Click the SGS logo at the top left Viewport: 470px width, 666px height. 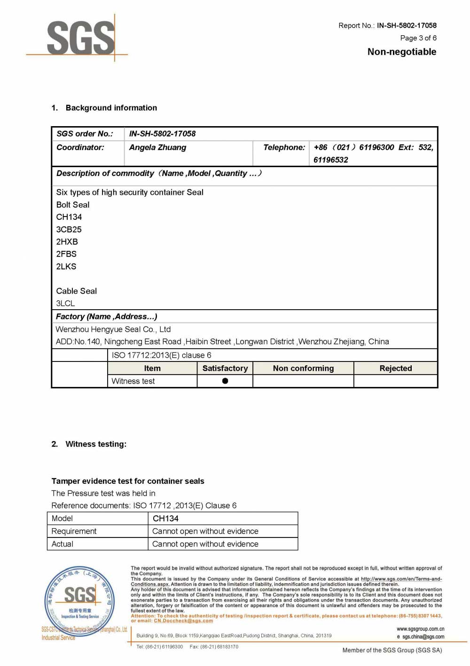[80, 38]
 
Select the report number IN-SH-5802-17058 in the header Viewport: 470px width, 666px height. [407, 25]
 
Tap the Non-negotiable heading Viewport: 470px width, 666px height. [402, 52]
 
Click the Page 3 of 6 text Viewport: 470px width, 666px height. [418, 38]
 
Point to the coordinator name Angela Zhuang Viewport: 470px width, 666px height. [157, 148]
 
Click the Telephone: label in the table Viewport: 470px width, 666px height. [284, 148]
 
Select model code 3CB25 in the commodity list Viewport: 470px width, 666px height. [69, 230]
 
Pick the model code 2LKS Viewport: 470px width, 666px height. [66, 266]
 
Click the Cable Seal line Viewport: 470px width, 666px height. [76, 291]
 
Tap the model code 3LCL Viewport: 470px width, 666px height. [65, 304]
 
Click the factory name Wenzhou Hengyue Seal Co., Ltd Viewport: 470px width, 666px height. [113, 329]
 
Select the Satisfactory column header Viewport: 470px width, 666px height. [225, 369]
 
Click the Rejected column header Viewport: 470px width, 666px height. [395, 369]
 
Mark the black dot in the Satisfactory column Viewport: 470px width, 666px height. [225, 381]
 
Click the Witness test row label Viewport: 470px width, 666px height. [133, 381]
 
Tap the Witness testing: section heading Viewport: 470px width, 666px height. [96, 444]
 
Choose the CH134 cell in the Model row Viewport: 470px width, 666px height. [165, 519]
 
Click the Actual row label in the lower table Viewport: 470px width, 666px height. [63, 544]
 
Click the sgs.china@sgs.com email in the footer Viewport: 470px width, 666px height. [423, 637]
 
